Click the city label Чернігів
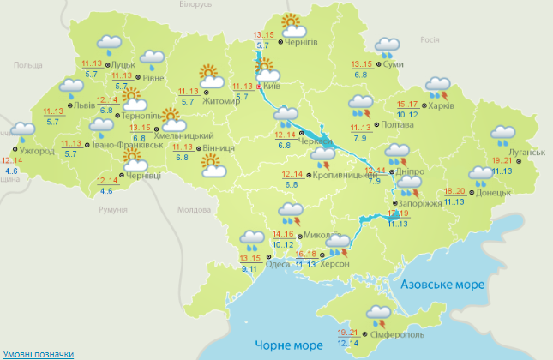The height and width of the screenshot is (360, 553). [x=301, y=42]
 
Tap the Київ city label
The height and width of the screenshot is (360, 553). [x=270, y=86]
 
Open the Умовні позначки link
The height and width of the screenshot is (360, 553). [x=37, y=353]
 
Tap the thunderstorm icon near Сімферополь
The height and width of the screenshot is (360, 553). [x=379, y=314]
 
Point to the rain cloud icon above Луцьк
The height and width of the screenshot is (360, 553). [x=109, y=43]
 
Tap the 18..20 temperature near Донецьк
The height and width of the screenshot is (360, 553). [x=454, y=191]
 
